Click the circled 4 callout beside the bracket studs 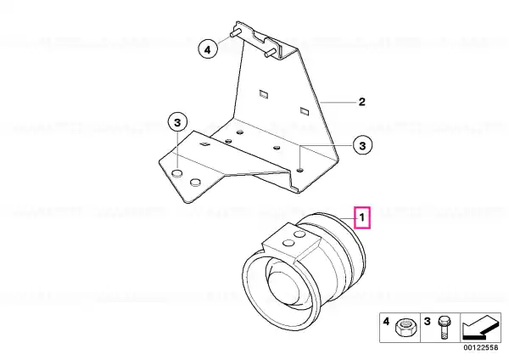click(208, 50)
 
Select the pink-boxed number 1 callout click(362, 217)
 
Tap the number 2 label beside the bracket click(362, 102)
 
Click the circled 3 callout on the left click(177, 123)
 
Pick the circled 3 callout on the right click(362, 145)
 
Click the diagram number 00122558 click(481, 347)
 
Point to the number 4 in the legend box click(386, 322)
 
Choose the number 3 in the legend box click(428, 322)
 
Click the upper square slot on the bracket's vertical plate click(264, 94)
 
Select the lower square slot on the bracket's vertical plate click(305, 110)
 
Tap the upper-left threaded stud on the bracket click(235, 32)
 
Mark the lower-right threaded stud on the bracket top click(271, 53)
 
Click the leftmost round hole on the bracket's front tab click(177, 173)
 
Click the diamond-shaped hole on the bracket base click(204, 144)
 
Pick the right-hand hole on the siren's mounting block click(299, 234)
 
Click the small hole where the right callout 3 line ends click(300, 170)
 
